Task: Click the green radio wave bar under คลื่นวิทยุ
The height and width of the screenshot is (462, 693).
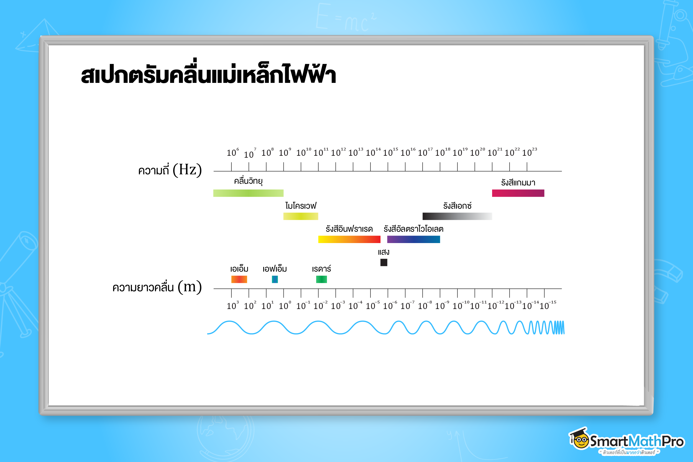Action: point(248,193)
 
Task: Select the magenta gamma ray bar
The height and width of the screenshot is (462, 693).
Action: point(518,193)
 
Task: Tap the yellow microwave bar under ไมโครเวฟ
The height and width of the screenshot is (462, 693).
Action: point(301,216)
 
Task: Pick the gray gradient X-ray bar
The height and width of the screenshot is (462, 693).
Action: point(457,216)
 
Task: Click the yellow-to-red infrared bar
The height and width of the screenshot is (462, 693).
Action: point(349,239)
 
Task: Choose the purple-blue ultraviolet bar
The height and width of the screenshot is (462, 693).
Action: point(413,239)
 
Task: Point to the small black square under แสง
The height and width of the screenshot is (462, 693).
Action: point(384,262)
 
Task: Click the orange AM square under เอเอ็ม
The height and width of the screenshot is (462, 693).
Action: point(239,279)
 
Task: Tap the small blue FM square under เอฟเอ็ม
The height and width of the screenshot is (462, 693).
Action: point(275,279)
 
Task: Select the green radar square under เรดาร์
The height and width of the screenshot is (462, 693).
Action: point(321,279)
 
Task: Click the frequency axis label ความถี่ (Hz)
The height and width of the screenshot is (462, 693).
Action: point(170,170)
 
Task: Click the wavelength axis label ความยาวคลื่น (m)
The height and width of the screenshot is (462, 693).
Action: point(157,287)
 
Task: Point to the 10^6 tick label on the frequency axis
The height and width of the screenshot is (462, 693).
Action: point(232,152)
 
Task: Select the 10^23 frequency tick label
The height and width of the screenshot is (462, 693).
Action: point(529,152)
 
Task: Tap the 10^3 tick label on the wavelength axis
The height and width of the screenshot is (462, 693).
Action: point(232,305)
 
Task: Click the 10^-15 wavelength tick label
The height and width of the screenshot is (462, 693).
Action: point(548,305)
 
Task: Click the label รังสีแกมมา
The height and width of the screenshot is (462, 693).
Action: point(518,183)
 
